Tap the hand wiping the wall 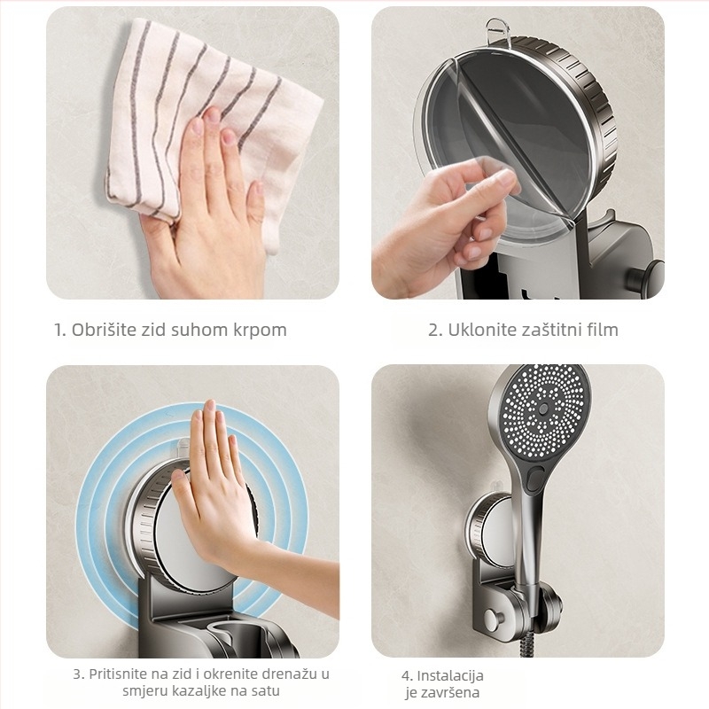(208, 222)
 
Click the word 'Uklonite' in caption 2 (482, 330)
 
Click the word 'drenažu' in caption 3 (285, 674)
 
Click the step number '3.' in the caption (79, 674)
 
